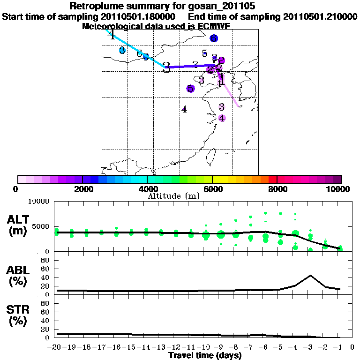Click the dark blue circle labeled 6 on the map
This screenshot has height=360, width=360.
tap(214, 38)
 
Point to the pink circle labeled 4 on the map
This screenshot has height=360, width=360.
tap(222, 118)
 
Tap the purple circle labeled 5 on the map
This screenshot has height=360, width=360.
tap(190, 89)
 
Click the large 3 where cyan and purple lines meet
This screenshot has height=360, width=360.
tap(166, 67)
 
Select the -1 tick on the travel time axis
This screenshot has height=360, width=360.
tap(340, 348)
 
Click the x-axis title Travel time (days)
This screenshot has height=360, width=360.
tap(205, 356)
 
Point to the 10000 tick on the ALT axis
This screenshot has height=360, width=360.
tap(40, 202)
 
